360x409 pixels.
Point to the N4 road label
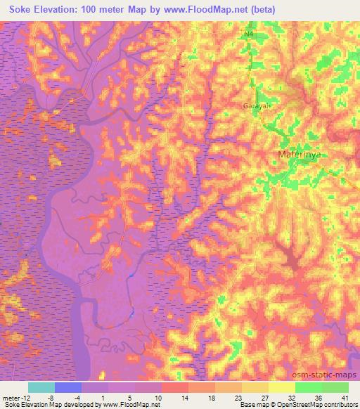(x=249, y=34)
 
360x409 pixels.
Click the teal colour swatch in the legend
(x=41, y=387)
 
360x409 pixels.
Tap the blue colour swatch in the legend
(x=68, y=387)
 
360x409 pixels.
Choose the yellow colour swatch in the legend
(x=282, y=387)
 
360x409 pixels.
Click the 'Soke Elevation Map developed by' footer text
(x=49, y=405)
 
